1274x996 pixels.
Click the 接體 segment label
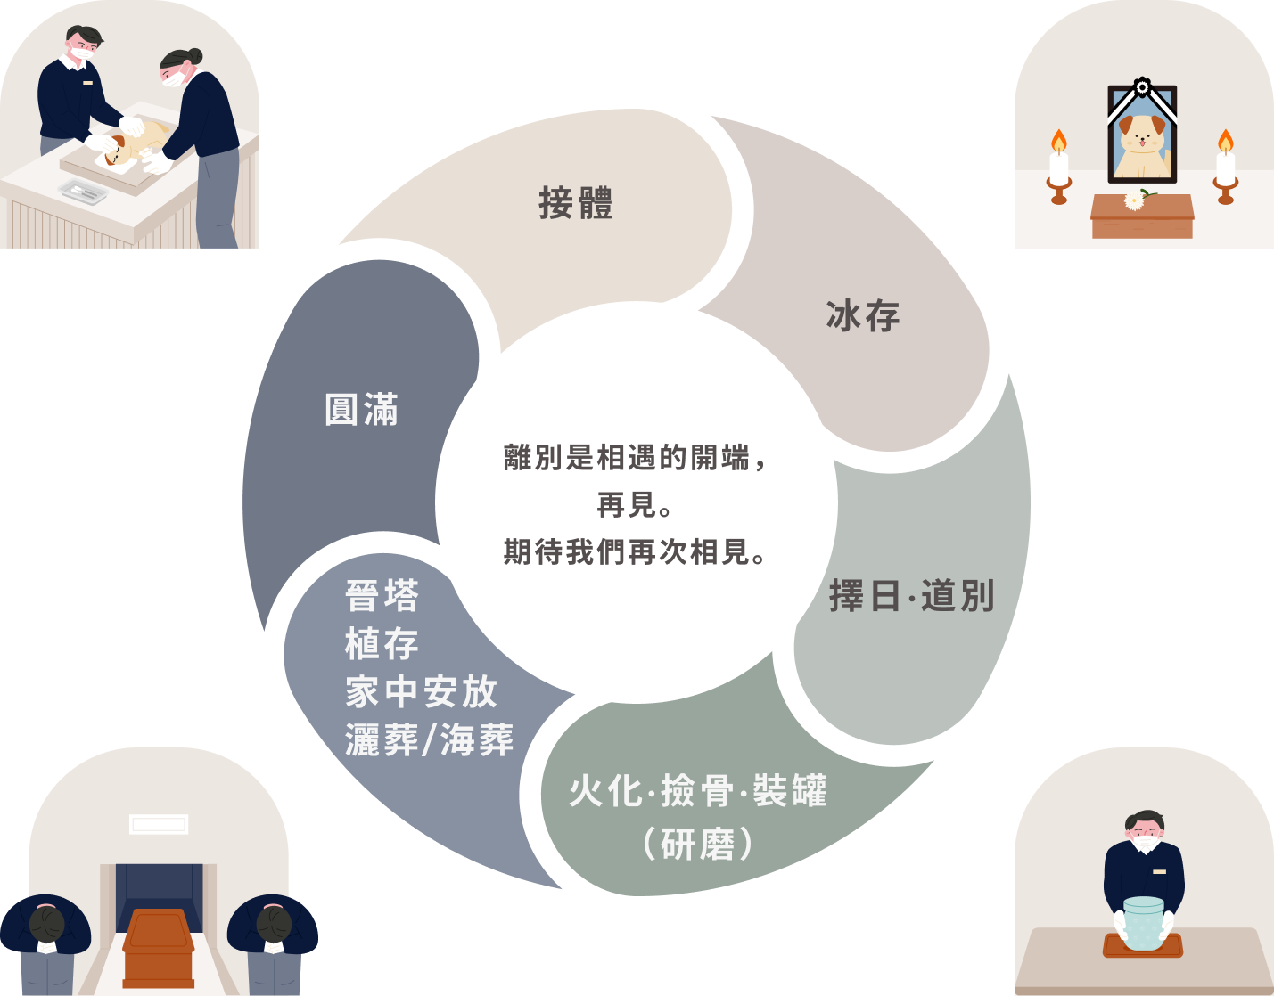tap(576, 203)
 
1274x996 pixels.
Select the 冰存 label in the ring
tap(863, 316)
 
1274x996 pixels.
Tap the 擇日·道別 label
tap(911, 596)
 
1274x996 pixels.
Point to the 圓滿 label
tap(361, 410)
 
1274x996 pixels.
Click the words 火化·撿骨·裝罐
tap(698, 791)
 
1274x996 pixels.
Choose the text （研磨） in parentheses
tap(698, 844)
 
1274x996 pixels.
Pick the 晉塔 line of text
tap(382, 596)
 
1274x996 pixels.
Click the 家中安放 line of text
tap(421, 692)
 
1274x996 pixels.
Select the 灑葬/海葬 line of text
tap(429, 740)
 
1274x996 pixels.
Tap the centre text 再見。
tap(635, 505)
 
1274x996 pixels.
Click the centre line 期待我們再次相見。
tap(635, 552)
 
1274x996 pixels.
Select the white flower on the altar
tap(1134, 200)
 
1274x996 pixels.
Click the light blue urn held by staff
tap(1144, 923)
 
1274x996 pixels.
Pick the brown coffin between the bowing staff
tap(159, 944)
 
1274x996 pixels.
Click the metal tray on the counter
tap(83, 190)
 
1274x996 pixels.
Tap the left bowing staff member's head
tap(46, 923)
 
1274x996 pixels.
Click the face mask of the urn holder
tap(1146, 842)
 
